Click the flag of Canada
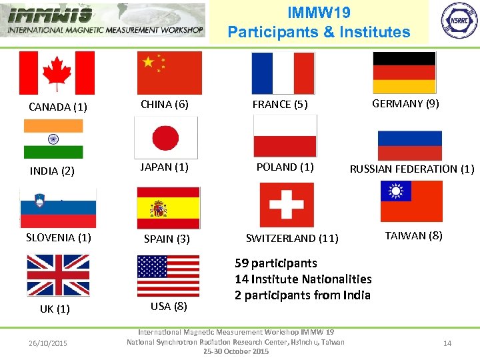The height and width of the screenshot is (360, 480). pyautogui.click(x=57, y=73)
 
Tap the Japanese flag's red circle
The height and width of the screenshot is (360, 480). pyautogui.click(x=165, y=138)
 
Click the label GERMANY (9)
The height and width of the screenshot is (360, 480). pyautogui.click(x=405, y=103)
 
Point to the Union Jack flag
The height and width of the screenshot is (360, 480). pyautogui.click(x=58, y=275)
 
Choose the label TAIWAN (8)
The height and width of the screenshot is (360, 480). pyautogui.click(x=413, y=235)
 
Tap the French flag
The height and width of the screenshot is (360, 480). pyautogui.click(x=283, y=73)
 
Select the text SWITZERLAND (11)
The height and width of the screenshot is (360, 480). pyautogui.click(x=292, y=238)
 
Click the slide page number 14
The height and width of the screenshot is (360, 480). pyautogui.click(x=447, y=343)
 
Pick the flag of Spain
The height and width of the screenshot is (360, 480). pyautogui.click(x=168, y=208)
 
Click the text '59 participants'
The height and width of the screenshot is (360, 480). pyautogui.click(x=276, y=263)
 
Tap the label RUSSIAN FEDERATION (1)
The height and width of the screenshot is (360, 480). pyautogui.click(x=412, y=169)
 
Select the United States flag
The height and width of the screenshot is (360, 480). pyautogui.click(x=168, y=276)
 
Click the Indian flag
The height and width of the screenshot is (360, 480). pyautogui.click(x=53, y=139)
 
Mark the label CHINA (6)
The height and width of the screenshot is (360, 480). pyautogui.click(x=165, y=104)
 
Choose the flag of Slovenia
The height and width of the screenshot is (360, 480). pyautogui.click(x=58, y=208)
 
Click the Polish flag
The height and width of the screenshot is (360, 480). pyautogui.click(x=285, y=136)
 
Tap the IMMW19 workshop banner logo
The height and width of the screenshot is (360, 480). pyautogui.click(x=105, y=21)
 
